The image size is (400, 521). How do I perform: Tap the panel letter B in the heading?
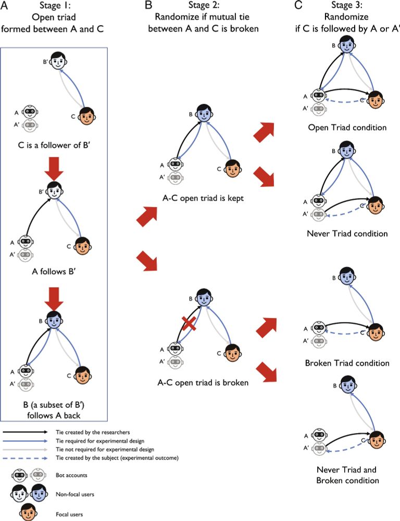(x=148, y=6)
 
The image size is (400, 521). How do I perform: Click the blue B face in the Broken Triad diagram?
(x=344, y=277)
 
